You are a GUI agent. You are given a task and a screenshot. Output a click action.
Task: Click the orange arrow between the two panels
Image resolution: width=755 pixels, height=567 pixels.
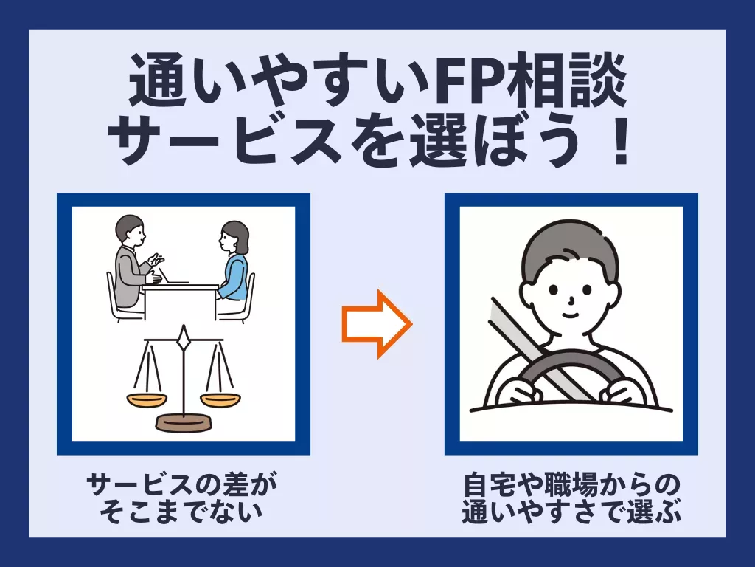377,324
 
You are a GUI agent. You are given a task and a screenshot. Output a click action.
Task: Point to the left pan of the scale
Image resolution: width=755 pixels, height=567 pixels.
147,399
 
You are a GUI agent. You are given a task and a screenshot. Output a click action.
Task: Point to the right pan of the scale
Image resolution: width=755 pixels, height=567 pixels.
220,399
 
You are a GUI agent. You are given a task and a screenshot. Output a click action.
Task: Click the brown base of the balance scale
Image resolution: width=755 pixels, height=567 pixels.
183,422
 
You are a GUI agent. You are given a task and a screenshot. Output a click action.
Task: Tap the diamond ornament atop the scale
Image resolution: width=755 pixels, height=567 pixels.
183,339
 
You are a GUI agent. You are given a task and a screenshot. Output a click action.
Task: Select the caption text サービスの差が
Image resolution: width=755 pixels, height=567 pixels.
182,484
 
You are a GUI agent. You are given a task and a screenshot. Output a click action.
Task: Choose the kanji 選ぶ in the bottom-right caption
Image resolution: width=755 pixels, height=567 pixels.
655,512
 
